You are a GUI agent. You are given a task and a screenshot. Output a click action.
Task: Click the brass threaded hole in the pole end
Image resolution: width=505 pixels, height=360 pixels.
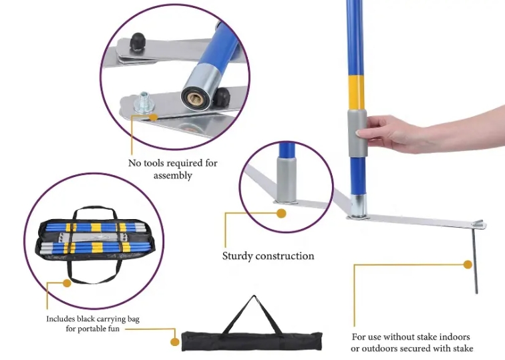pos(194,99)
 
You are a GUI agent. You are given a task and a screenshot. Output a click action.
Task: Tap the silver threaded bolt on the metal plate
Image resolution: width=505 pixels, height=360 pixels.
pos(143,102)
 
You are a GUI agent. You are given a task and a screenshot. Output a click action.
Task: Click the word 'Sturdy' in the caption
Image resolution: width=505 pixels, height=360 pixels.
pos(237,256)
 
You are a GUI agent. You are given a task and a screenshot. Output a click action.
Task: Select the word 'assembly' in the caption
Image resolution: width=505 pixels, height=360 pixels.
pos(172,176)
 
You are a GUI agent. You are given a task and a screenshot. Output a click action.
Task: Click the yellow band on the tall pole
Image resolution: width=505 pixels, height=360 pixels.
pos(356,93)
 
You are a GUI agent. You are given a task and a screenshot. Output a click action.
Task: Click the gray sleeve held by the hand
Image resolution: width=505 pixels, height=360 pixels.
pos(357,133)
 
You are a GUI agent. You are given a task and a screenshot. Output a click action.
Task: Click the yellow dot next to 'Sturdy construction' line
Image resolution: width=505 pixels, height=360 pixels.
pos(281,213)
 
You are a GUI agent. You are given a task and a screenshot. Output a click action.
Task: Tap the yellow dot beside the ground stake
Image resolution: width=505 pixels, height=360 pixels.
pos(468,264)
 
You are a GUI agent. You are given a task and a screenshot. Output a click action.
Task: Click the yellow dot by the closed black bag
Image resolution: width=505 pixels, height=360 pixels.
pos(174,342)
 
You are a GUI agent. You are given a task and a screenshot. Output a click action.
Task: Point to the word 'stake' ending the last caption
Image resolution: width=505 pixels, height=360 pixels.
pos(463,349)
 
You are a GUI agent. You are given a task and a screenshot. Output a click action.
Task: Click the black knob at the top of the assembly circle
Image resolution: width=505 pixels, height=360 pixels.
pos(138,42)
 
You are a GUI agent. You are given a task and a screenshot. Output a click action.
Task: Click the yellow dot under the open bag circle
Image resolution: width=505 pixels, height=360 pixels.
pos(67,283)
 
